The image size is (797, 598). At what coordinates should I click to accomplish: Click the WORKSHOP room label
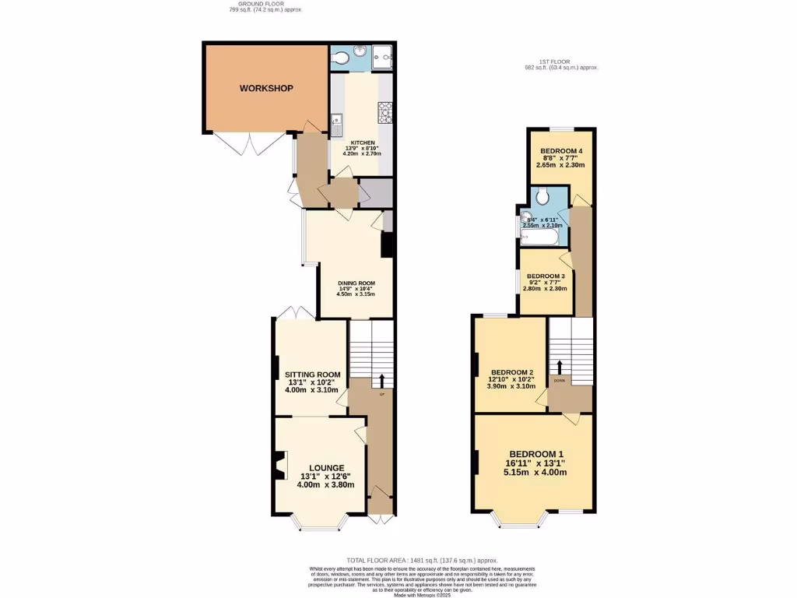[x=266, y=88]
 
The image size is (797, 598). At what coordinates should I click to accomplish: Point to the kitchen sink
[x=336, y=124]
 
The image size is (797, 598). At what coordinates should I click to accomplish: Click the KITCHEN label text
[x=363, y=143]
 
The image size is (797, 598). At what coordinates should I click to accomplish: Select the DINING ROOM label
[x=356, y=283]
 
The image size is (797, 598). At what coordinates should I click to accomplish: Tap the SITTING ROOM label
[x=310, y=374]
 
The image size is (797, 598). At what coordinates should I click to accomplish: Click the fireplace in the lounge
[x=279, y=466]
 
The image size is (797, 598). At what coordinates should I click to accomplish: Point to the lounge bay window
[x=320, y=527]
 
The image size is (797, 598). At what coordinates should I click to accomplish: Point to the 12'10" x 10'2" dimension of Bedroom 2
[x=510, y=378]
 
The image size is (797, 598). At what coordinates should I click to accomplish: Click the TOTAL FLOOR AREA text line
[x=421, y=561]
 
